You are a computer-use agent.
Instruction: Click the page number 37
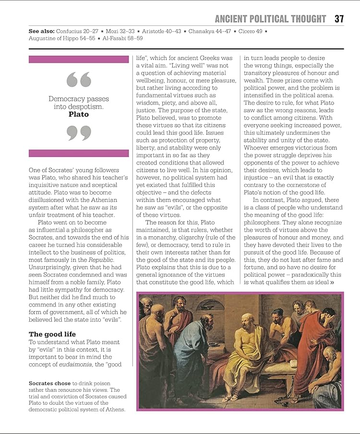339,19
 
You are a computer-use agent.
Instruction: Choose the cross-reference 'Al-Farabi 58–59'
122,38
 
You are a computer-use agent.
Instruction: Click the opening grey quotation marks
78,79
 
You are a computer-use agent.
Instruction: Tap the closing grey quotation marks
78,132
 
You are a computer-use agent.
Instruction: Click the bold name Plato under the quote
78,115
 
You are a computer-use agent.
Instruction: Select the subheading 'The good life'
52,334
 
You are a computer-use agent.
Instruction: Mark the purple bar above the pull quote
78,59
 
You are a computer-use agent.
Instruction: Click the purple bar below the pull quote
78,153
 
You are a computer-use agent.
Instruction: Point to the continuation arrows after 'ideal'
332,282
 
